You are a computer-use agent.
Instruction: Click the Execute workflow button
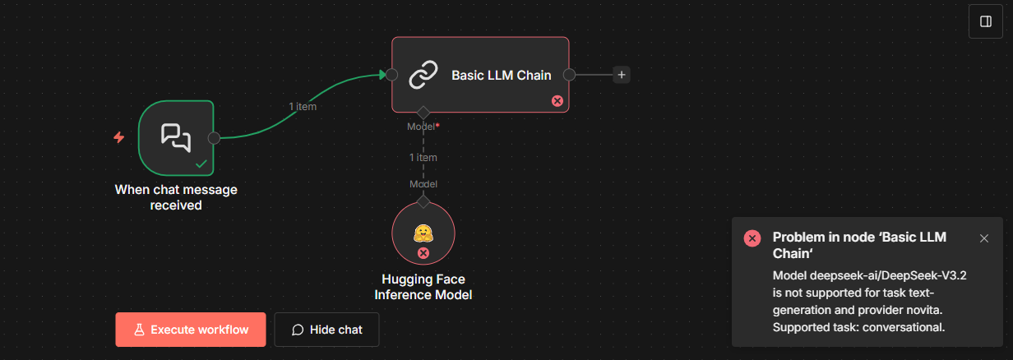click(x=191, y=330)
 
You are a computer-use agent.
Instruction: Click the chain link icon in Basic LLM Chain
click(x=423, y=75)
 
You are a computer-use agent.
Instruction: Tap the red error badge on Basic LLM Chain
click(x=557, y=101)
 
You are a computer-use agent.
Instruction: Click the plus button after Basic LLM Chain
click(x=622, y=75)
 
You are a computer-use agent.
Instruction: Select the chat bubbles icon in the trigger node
click(x=176, y=137)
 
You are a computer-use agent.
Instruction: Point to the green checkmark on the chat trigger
click(x=201, y=164)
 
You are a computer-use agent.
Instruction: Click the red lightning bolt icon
click(x=118, y=137)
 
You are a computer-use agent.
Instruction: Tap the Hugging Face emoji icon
click(x=423, y=233)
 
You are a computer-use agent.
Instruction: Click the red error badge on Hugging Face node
click(x=423, y=253)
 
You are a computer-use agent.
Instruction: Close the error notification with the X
click(x=984, y=238)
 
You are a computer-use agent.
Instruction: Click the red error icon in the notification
click(x=752, y=238)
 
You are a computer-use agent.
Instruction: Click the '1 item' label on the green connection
click(x=303, y=106)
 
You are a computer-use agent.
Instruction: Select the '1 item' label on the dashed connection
click(x=423, y=157)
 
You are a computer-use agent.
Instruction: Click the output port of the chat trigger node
click(x=214, y=138)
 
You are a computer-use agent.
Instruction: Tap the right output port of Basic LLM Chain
click(x=568, y=75)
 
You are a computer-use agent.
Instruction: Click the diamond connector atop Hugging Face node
click(x=423, y=201)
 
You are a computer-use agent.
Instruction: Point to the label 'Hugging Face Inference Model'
click(x=423, y=287)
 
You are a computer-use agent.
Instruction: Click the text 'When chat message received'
click(x=176, y=197)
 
